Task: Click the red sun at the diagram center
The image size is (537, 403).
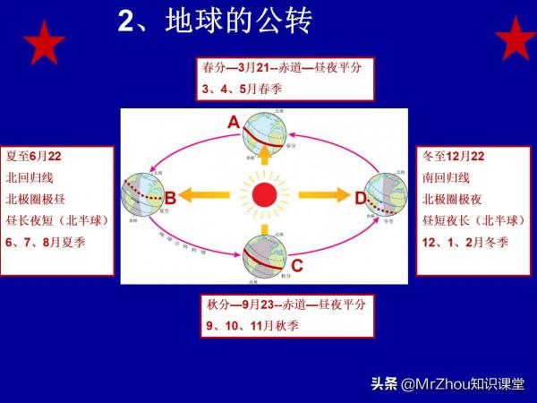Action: coord(265,194)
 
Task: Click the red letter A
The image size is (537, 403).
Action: coord(234,123)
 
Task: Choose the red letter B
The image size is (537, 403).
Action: coord(169,197)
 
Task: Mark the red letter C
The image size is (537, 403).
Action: coord(297,265)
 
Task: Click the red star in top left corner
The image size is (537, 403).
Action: coord(43,41)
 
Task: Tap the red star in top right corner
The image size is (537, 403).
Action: coord(516,39)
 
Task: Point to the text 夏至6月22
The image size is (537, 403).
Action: coord(33,156)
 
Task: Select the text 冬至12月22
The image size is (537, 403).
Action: coord(456,156)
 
